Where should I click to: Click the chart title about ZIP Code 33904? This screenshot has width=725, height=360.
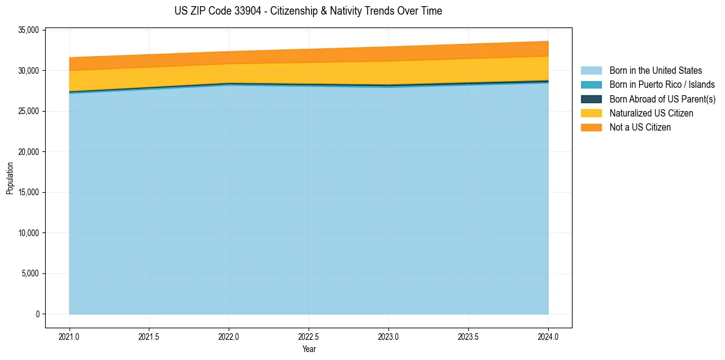pyautogui.click(x=308, y=11)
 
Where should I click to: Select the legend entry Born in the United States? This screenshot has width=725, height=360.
pyautogui.click(x=655, y=71)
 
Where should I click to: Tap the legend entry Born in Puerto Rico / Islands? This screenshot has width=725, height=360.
pyautogui.click(x=662, y=85)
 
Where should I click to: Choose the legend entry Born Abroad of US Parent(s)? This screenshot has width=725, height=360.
pyautogui.click(x=662, y=99)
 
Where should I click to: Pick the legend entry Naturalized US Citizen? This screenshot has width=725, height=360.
pyautogui.click(x=651, y=113)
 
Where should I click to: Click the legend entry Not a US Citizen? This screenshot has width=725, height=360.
pyautogui.click(x=640, y=128)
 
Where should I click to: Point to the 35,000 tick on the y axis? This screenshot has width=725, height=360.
pyautogui.click(x=29, y=30)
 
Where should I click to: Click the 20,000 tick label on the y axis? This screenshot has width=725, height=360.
pyautogui.click(x=29, y=152)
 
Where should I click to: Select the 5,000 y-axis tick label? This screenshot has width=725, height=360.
pyautogui.click(x=31, y=274)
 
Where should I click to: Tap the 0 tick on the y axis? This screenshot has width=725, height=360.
pyautogui.click(x=37, y=314)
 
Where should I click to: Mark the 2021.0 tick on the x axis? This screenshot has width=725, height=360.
pyautogui.click(x=70, y=336)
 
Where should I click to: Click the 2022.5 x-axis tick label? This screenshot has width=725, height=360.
pyautogui.click(x=309, y=336)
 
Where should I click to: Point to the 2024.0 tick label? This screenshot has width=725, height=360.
pyautogui.click(x=548, y=336)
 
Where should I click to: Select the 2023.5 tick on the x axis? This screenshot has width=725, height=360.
pyautogui.click(x=468, y=336)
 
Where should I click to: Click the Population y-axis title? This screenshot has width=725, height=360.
pyautogui.click(x=10, y=178)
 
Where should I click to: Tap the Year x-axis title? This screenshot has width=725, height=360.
pyautogui.click(x=309, y=349)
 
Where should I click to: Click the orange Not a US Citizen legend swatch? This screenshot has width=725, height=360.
pyautogui.click(x=591, y=128)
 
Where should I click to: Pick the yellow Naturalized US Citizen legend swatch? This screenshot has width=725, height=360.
pyautogui.click(x=591, y=113)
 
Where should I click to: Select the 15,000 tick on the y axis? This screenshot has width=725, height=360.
pyautogui.click(x=29, y=193)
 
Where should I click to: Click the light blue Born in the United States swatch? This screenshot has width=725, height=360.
pyautogui.click(x=591, y=71)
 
